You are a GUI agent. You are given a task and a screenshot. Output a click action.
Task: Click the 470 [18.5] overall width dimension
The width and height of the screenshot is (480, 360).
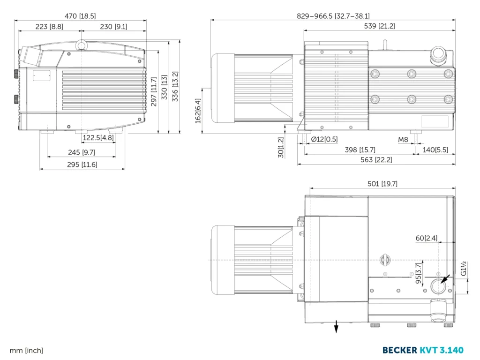[x=80, y=16]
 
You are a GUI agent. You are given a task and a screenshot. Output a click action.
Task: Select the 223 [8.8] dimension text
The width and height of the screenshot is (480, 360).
[x=49, y=27]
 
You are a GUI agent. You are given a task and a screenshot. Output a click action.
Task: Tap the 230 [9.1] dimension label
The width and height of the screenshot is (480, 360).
[x=113, y=27]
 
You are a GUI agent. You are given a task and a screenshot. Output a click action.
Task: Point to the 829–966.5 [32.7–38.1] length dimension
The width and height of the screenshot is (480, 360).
[x=333, y=16]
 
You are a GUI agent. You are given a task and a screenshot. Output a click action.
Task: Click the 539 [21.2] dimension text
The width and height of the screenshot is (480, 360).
[x=380, y=27]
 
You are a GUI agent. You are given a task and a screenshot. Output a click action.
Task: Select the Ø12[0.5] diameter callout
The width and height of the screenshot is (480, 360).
[x=324, y=140]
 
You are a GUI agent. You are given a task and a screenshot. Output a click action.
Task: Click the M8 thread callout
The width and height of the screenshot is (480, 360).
[x=403, y=140]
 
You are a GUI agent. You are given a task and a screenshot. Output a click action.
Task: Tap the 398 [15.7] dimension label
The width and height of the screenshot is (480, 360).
[x=360, y=150]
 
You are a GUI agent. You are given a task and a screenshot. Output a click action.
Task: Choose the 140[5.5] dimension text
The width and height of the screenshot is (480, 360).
[x=435, y=150]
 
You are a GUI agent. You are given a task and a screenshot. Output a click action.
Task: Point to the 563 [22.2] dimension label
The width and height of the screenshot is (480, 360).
[x=377, y=160]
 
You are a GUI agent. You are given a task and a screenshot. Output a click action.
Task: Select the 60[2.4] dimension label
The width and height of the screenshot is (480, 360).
[x=427, y=238]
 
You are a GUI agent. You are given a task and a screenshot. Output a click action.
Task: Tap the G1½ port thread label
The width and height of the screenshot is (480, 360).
[x=463, y=268]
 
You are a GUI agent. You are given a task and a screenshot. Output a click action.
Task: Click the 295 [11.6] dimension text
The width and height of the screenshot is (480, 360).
[x=82, y=165]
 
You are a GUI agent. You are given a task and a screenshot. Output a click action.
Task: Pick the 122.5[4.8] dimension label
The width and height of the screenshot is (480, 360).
[x=98, y=138]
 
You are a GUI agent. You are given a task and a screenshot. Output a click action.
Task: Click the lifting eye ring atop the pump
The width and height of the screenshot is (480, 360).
[x=82, y=45]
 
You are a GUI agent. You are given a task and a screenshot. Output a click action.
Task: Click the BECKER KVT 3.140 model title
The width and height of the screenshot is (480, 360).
[x=423, y=350]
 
